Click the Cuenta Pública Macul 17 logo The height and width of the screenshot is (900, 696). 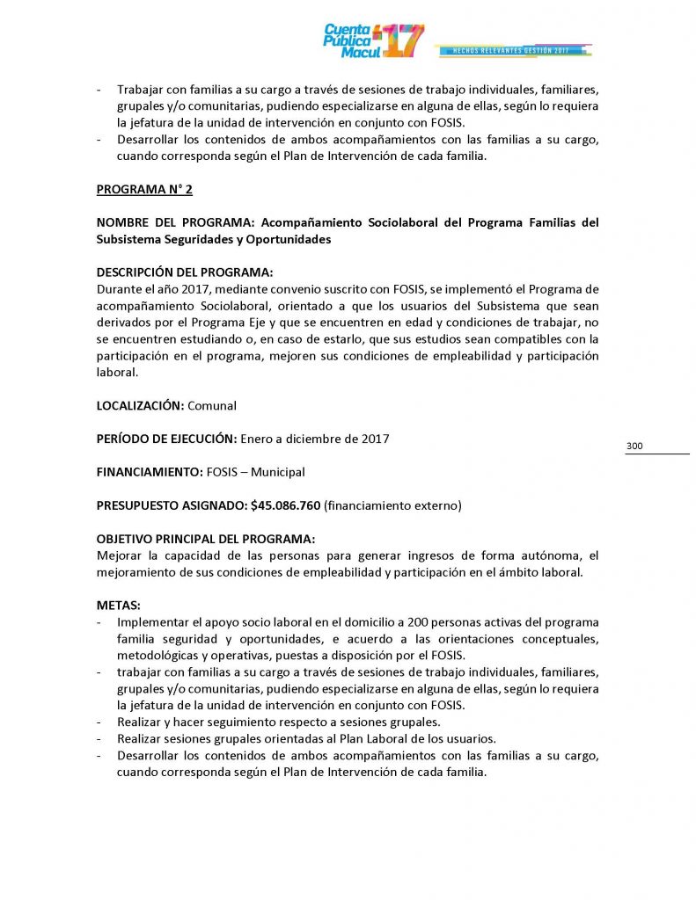(373, 40)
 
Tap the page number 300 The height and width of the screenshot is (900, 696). (634, 446)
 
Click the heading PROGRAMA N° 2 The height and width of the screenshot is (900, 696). (144, 189)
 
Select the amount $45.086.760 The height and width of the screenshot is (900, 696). (285, 505)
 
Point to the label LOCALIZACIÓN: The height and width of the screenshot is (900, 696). (140, 405)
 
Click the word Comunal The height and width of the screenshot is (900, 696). (212, 405)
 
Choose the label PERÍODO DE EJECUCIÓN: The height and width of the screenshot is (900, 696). (166, 439)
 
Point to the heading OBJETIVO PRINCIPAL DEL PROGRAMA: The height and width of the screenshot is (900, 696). (205, 539)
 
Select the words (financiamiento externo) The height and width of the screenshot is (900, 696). (392, 505)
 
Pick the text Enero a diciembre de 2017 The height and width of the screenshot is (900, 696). (314, 439)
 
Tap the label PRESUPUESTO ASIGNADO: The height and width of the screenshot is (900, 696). (172, 505)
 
